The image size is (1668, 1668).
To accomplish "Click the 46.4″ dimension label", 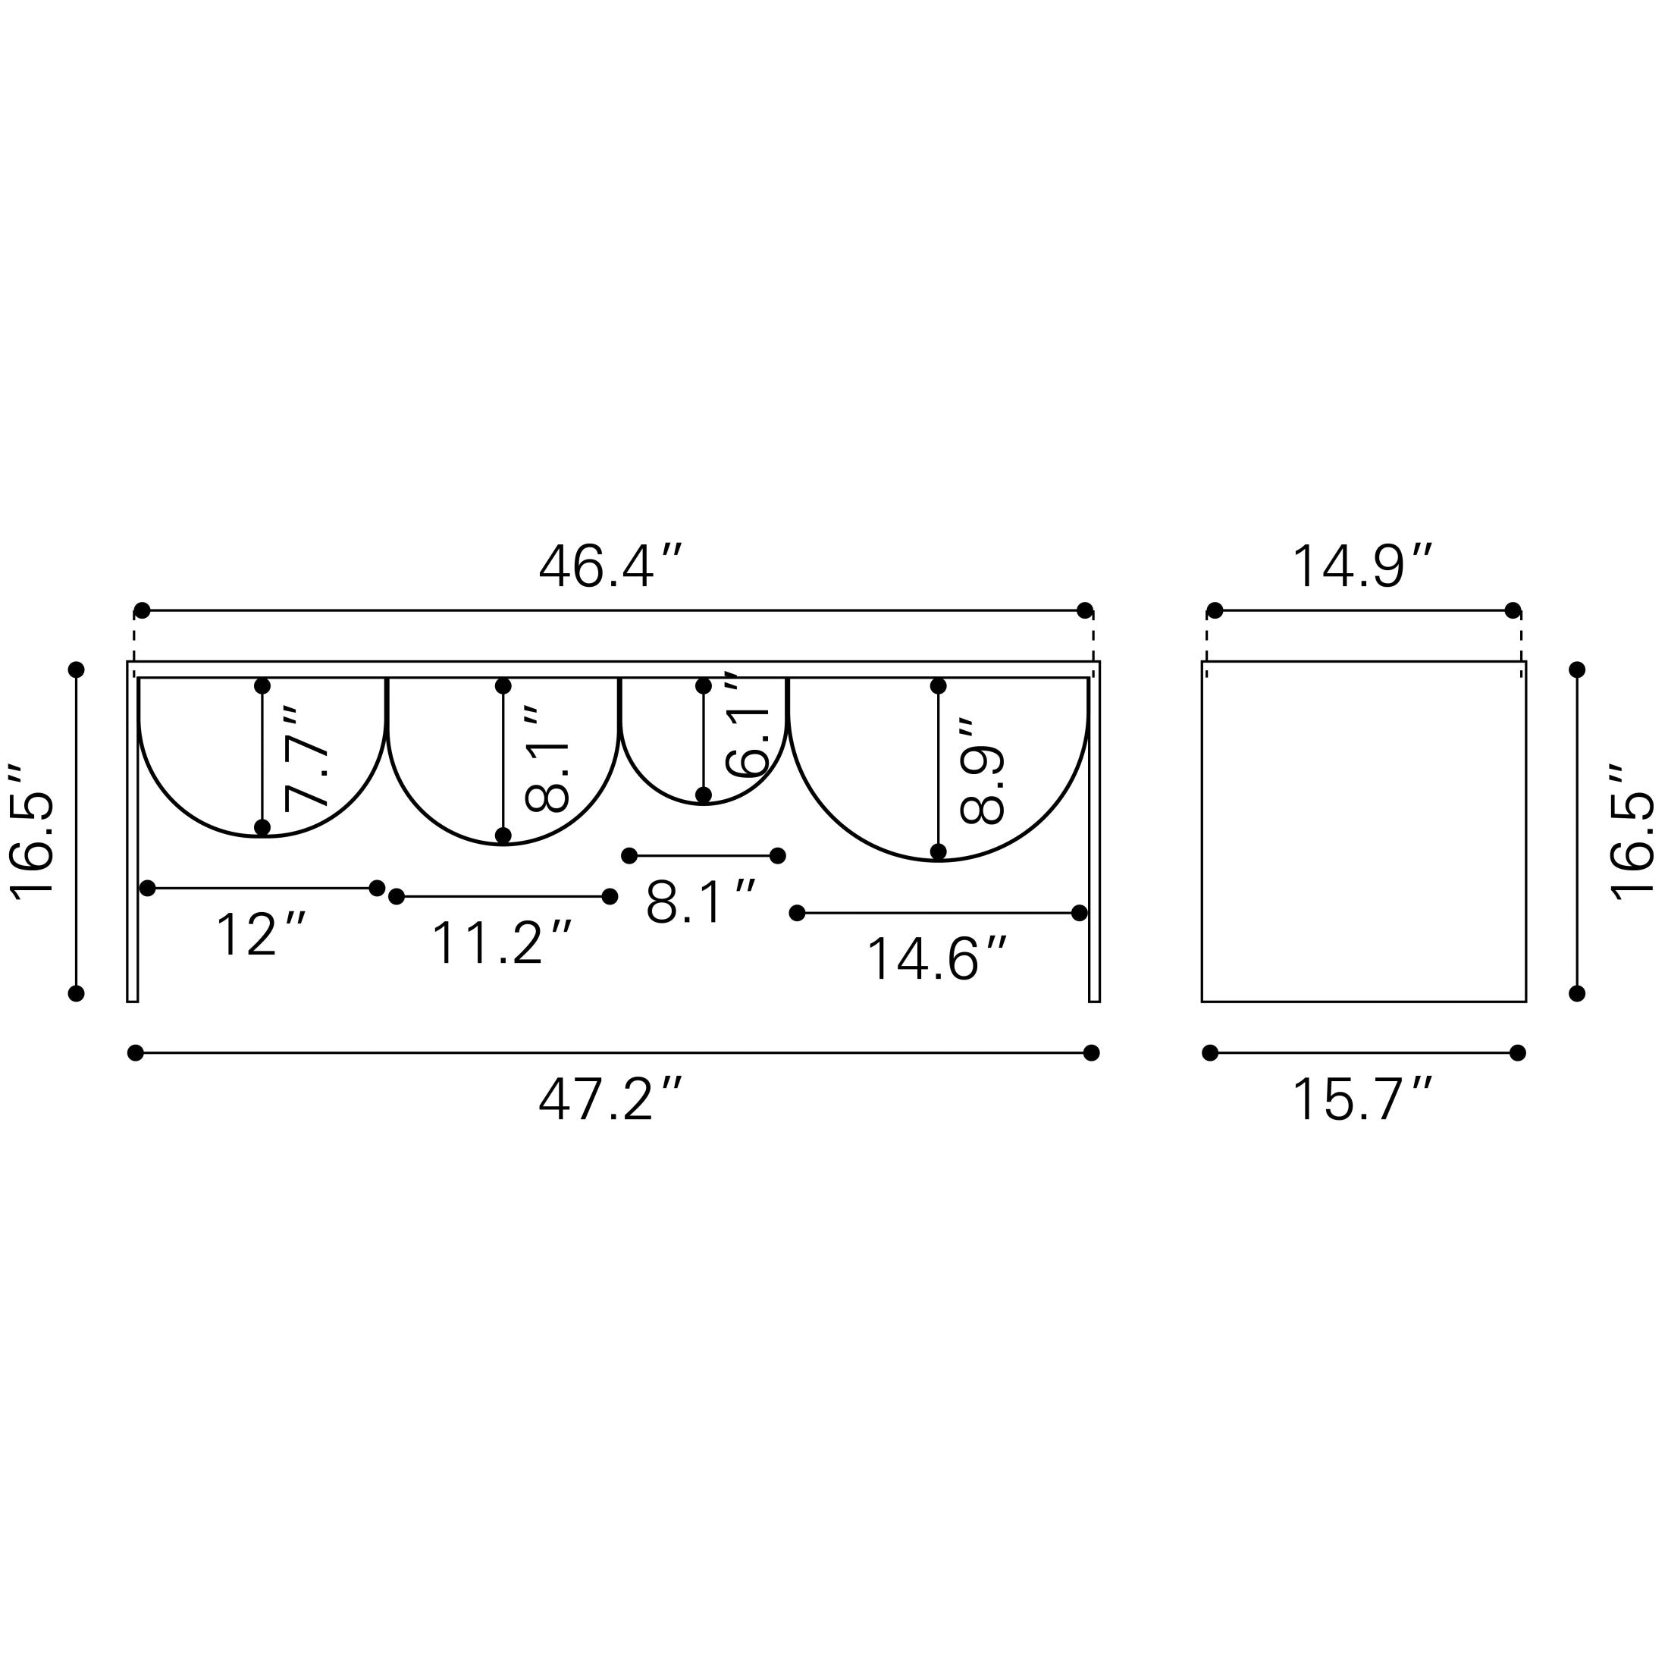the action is coord(610,566).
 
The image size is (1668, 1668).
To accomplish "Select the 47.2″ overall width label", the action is coord(610,1099).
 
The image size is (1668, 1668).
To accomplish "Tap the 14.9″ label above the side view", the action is coord(1362,566).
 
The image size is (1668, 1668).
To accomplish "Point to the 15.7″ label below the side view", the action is coord(1362,1099).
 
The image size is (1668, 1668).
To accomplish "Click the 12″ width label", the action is coord(260,935).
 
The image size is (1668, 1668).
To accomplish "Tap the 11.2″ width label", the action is coord(500,942).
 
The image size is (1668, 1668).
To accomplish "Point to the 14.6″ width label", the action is coord(936,959).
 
